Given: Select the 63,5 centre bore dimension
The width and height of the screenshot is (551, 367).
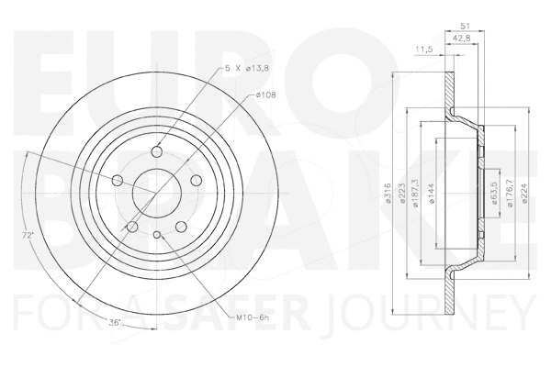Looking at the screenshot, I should [x=496, y=192].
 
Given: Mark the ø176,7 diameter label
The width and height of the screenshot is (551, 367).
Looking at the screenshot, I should [x=511, y=192].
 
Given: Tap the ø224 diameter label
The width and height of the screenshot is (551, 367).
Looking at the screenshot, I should [x=524, y=192].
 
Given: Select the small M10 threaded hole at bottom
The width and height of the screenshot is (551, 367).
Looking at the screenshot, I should [x=157, y=237].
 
